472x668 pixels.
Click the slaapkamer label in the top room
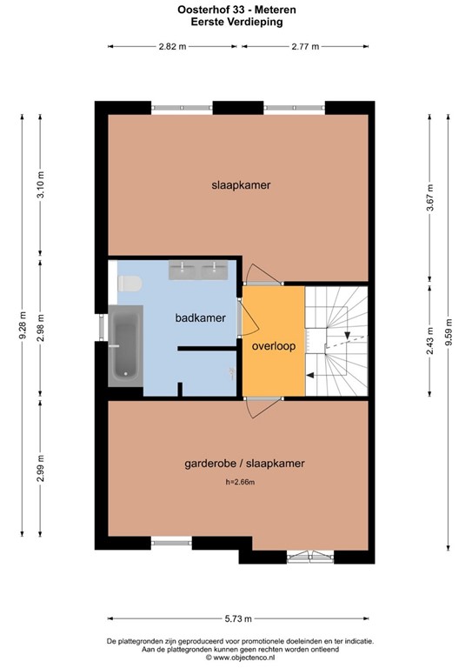point(241,185)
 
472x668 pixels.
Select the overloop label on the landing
point(273,345)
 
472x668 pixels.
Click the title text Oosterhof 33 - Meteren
point(236,10)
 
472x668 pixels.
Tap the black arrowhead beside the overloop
point(310,375)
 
